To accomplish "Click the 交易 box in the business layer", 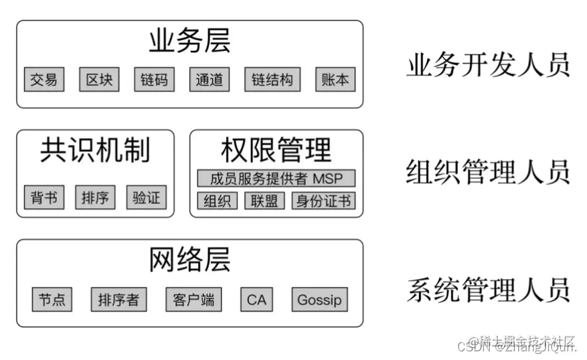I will pos(44,80).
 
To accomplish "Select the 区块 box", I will pos(99,80).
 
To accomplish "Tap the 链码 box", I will pos(155,80).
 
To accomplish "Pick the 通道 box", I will pos(209,80).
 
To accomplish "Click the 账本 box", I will pos(335,80).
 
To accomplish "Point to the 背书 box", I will pos(44,197).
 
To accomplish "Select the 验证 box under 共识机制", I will pos(146,197).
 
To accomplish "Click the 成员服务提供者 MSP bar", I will pos(276,179).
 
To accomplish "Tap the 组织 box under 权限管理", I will pos(217,201).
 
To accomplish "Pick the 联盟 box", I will pos(264,201).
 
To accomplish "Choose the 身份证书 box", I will pos(323,201).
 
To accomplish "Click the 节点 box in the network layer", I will pos(52,299).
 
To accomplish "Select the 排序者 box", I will pos(118,299).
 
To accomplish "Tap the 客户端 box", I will pos(193,299).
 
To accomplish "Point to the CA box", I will pos(256,299).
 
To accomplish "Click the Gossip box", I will pos(319,299).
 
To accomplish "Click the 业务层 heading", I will pos(189,41).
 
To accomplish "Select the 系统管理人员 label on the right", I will pos(488,290).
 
